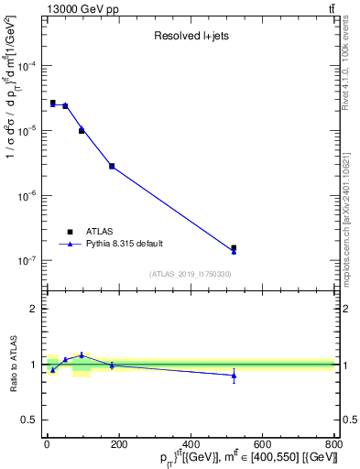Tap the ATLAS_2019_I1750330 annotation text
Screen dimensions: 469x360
coord(190,274)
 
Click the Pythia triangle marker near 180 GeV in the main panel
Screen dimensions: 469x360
coord(112,166)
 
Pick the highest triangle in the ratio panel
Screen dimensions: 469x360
coord(82,354)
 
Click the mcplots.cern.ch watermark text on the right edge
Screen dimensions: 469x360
coord(352,220)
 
